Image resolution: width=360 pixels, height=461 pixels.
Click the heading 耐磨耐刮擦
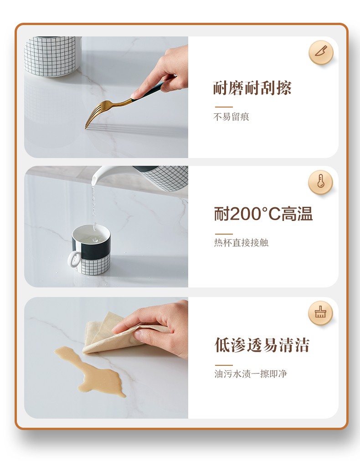pyautogui.click(x=252, y=88)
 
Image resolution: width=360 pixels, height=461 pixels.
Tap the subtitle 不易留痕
pyautogui.click(x=231, y=117)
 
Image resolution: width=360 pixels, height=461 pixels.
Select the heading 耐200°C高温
pyautogui.click(x=263, y=214)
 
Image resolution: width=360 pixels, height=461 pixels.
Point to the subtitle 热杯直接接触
pyautogui.click(x=241, y=242)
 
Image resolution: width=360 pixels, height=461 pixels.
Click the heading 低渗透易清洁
pyautogui.click(x=262, y=345)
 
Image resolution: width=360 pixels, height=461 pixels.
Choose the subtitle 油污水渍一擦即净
pyautogui.click(x=251, y=374)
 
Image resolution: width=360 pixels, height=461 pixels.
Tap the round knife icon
pyautogui.click(x=321, y=52)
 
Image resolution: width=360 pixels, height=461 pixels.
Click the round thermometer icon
pyautogui.click(x=321, y=182)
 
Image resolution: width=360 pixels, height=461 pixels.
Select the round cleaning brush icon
pyautogui.click(x=321, y=313)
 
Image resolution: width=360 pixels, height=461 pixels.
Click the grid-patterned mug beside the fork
pyautogui.click(x=52, y=56)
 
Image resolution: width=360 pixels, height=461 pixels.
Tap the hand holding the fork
pyautogui.click(x=163, y=72)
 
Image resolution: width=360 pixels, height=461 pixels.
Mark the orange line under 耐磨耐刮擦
pyautogui.click(x=224, y=107)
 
